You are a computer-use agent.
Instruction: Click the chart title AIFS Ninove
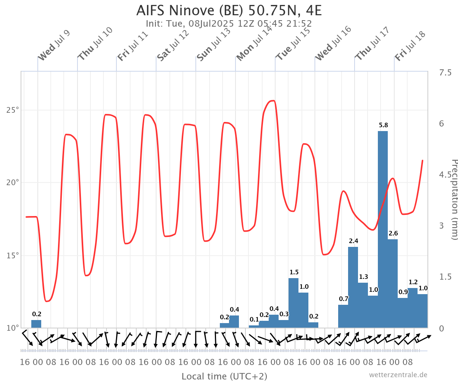[x=229, y=10]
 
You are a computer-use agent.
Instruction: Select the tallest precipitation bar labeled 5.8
[x=383, y=229]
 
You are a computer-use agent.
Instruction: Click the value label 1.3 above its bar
[x=364, y=277]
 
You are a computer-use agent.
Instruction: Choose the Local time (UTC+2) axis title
[x=224, y=376]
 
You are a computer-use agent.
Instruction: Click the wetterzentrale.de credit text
[x=398, y=375]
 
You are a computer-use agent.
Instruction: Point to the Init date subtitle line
[x=229, y=24]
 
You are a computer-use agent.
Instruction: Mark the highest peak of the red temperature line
[x=273, y=101]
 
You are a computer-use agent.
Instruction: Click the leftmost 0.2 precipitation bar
[x=36, y=323]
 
